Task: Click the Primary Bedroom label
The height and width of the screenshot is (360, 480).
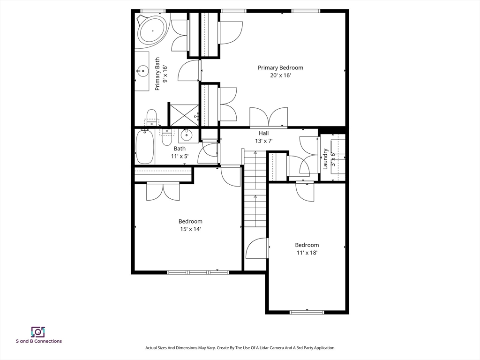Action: (280, 67)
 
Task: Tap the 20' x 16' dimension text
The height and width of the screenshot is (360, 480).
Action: (280, 75)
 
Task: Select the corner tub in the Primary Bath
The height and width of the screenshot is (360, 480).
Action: (152, 30)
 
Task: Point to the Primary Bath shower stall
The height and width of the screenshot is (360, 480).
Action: (184, 115)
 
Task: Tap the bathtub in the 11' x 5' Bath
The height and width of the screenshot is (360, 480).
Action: (145, 147)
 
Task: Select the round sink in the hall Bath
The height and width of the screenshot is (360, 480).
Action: (186, 136)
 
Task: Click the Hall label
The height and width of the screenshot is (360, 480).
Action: (264, 133)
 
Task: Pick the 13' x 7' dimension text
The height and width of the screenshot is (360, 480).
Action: (264, 141)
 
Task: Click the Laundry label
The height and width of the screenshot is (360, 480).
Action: (325, 158)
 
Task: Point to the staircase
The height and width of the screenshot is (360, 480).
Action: (255, 187)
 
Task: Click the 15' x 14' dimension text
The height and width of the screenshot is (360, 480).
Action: (190, 229)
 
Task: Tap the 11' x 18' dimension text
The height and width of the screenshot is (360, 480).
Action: (307, 253)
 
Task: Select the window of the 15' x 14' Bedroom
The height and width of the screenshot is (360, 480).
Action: (198, 272)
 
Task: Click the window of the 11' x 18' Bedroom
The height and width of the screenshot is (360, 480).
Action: (307, 312)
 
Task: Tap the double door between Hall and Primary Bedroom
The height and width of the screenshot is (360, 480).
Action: (269, 117)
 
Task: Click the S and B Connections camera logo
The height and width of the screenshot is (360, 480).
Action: (38, 332)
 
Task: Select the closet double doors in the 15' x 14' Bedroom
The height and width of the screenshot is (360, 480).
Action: (163, 191)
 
